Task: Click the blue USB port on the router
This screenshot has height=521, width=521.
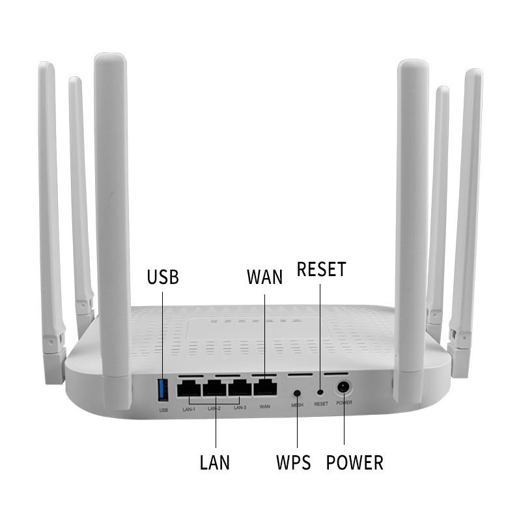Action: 162,389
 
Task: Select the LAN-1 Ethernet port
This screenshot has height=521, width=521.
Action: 190,388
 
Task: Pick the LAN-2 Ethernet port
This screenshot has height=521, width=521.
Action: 214,388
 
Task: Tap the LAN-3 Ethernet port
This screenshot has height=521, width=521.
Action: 239,388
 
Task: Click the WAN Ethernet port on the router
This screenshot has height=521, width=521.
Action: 264,388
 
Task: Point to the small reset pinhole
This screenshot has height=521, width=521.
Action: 320,392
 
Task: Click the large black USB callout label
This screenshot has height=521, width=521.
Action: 163,277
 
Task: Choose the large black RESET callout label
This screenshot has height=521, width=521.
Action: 321,270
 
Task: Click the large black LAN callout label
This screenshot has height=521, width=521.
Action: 215,463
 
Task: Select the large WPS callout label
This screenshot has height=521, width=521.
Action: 294,463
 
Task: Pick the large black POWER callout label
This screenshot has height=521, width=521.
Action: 355,463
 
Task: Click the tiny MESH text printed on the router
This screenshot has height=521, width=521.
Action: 297,405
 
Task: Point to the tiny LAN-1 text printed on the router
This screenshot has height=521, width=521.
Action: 189,408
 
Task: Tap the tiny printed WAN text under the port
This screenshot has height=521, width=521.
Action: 264,406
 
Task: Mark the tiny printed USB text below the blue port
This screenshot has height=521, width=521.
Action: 163,410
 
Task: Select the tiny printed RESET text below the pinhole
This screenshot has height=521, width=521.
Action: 321,404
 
